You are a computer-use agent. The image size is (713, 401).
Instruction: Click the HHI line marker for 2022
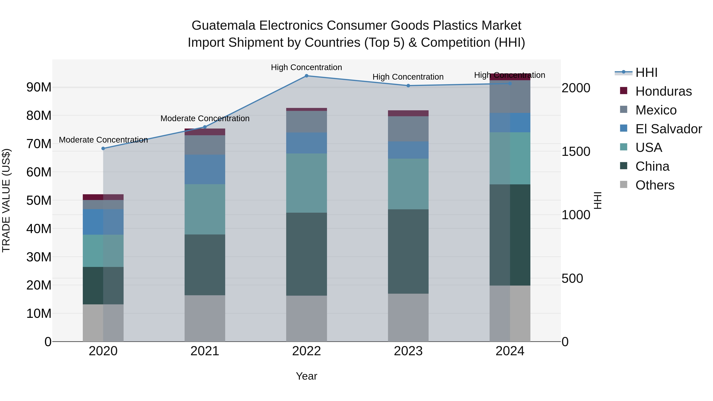pos(306,76)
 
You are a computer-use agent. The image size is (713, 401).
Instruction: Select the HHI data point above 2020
pos(103,149)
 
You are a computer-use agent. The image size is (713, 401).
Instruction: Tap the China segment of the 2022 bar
pos(306,254)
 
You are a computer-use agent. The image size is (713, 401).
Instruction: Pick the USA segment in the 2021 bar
pos(205,210)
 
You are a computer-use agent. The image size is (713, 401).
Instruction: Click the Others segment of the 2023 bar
pos(408,317)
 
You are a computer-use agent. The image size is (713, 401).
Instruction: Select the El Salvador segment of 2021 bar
pos(205,169)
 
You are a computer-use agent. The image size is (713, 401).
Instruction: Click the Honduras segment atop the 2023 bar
pos(408,113)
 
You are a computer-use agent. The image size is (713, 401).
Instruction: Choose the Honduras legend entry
pos(663,91)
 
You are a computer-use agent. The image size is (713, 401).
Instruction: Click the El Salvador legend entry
pos(668,129)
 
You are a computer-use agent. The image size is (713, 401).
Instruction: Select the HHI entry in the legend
pos(646,72)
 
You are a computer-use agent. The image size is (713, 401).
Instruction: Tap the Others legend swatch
pos(624,184)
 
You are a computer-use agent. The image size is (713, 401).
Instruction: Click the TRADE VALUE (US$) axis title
pos(6,200)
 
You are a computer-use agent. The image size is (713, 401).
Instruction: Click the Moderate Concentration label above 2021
pos(205,118)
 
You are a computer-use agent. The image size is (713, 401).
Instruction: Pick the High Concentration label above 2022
pos(306,67)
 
